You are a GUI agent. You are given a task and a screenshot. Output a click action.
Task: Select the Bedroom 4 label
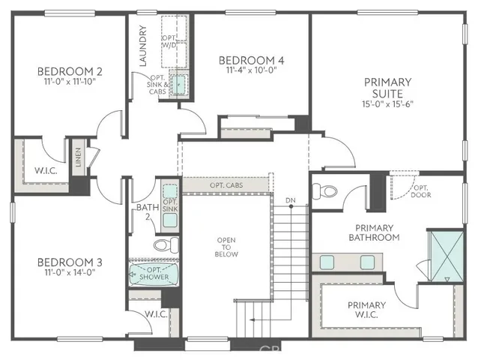(251, 60)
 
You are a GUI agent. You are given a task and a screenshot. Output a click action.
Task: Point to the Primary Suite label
(387, 87)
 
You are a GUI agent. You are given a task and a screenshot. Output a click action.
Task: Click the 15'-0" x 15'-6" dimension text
(387, 103)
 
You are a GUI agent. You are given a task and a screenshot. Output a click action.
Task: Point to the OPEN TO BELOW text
(227, 247)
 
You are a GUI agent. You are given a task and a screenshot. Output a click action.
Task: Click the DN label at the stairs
(290, 200)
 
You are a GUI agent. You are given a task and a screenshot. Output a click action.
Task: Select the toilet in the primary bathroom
(323, 192)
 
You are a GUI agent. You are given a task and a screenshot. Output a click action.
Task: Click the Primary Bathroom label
(374, 232)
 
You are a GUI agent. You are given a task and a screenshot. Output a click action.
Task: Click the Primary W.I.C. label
(366, 310)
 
